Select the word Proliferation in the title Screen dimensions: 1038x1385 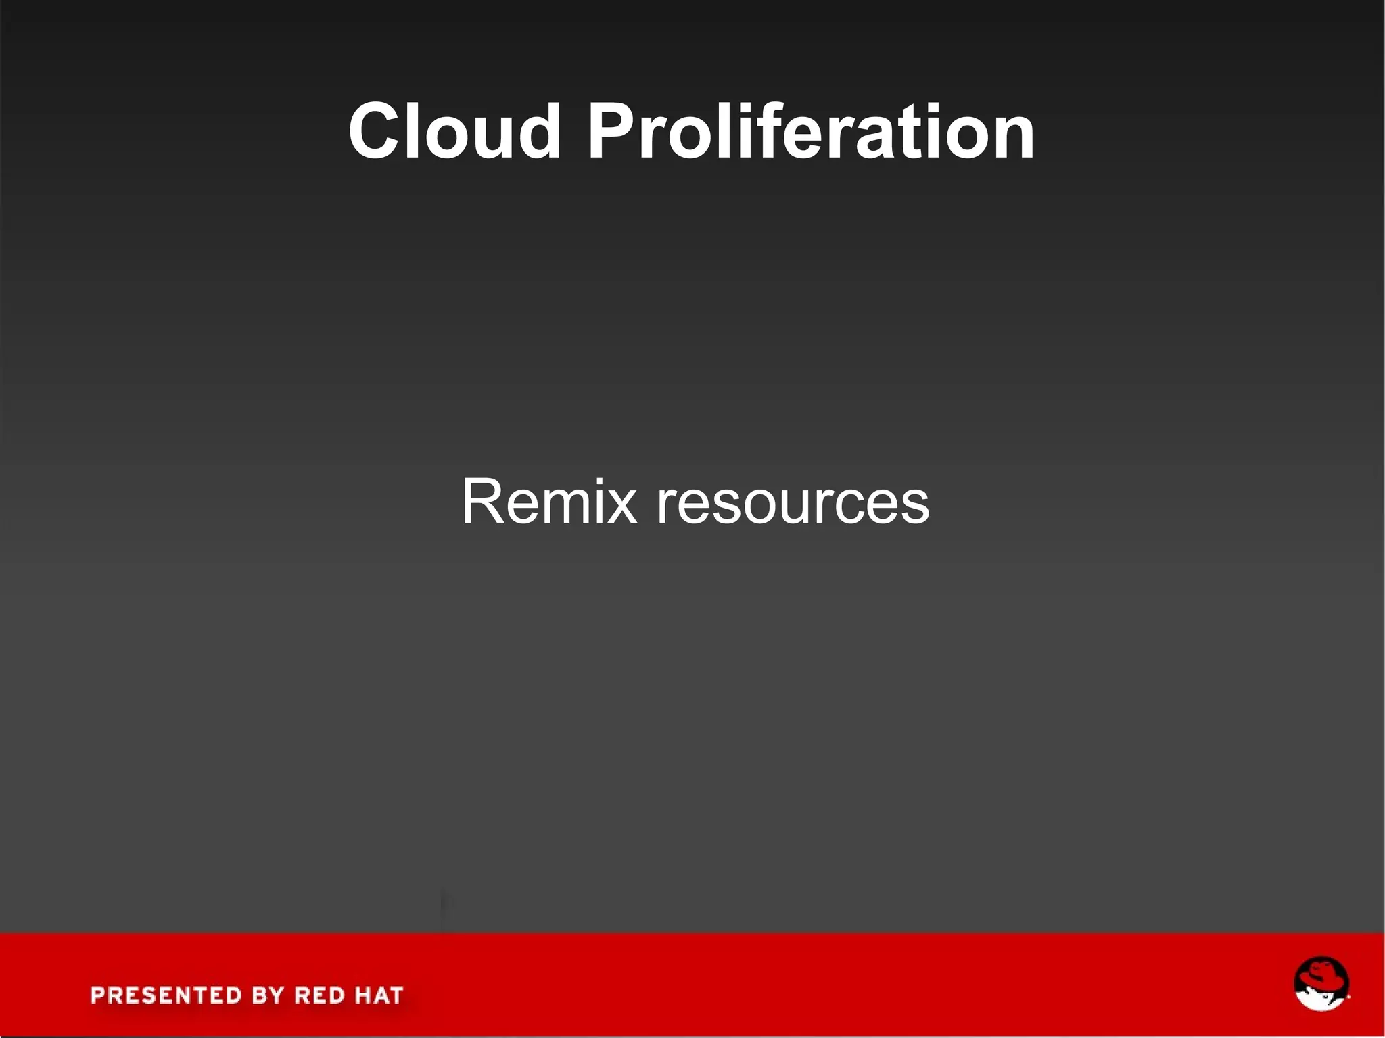pos(811,131)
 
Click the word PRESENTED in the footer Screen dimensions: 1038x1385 pos(166,995)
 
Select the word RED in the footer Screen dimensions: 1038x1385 pos(320,995)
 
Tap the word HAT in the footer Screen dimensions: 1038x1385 pos(379,995)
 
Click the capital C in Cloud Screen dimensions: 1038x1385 pos(377,131)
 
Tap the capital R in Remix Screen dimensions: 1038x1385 pos(482,502)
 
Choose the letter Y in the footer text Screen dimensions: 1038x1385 pos(277,995)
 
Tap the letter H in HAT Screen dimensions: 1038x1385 pos(361,995)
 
